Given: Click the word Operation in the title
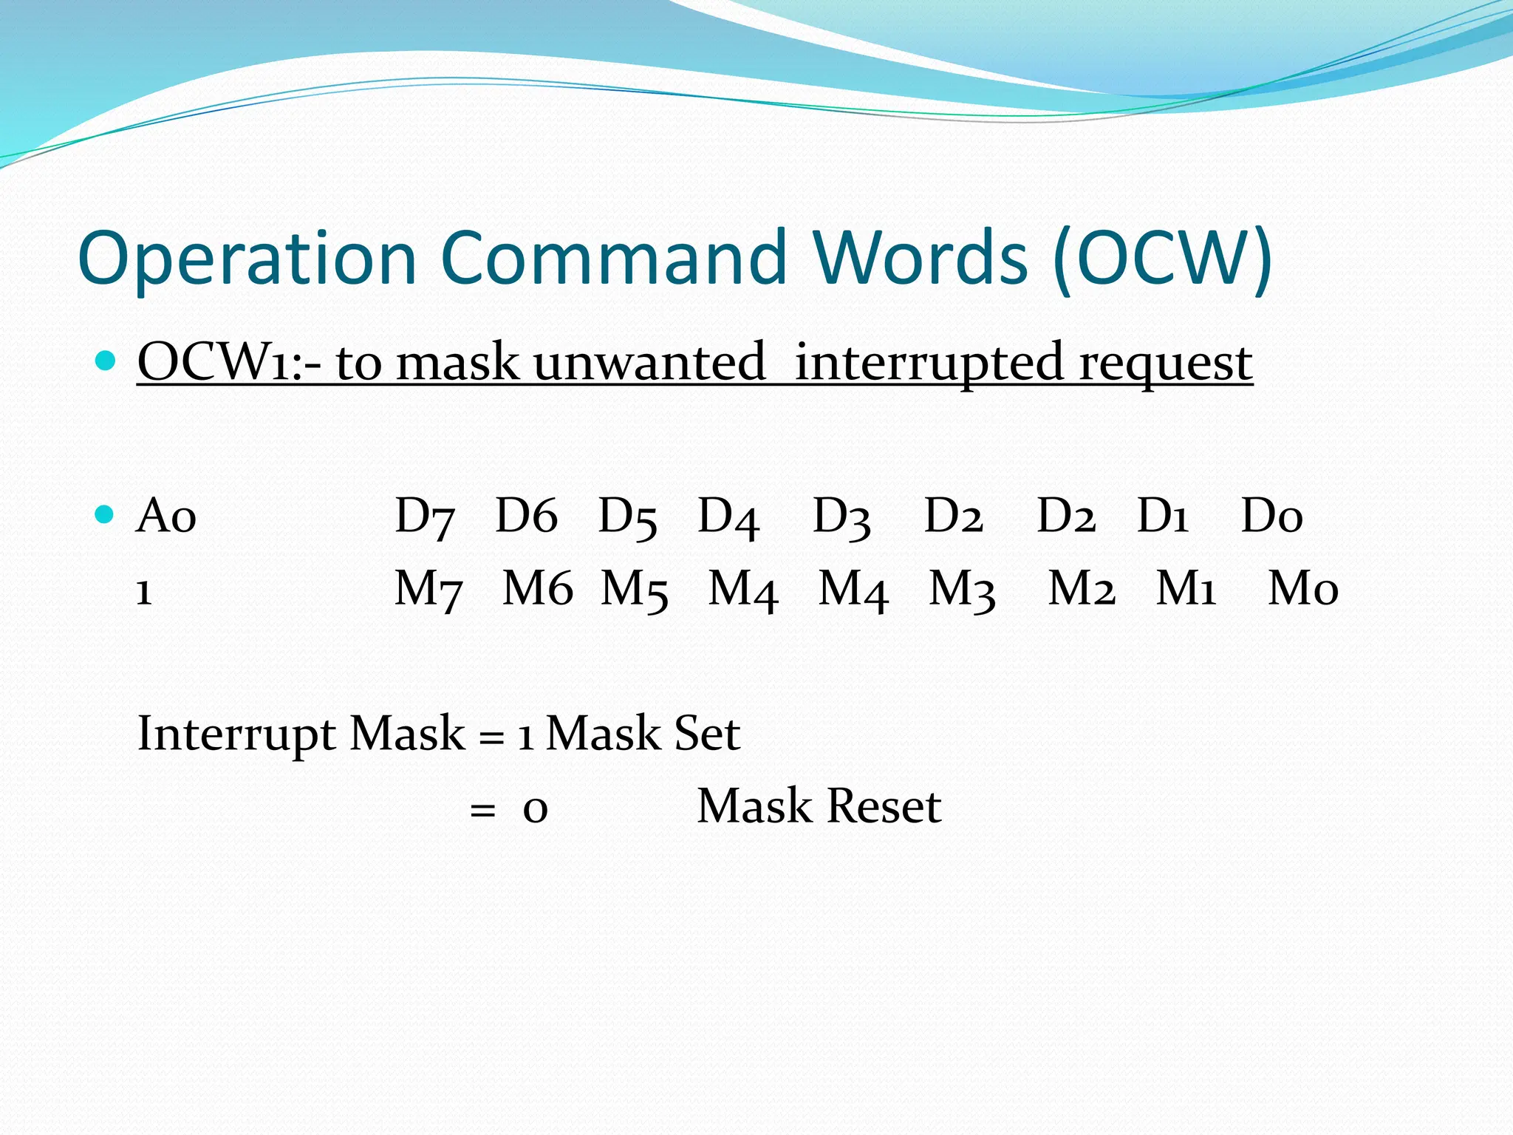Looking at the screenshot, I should point(247,259).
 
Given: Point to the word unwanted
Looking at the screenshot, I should point(649,362).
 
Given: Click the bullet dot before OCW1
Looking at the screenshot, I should point(106,361).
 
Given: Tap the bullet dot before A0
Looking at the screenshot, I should point(106,514).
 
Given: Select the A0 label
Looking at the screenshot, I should point(166,515).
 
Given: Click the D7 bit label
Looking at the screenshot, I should point(424,517).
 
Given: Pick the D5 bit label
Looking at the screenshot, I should point(627,517).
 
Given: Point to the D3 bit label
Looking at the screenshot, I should point(841,517).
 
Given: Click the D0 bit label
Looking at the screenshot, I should point(1271,515).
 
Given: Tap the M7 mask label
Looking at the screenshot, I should point(428,590).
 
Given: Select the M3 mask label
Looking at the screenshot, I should point(961,590).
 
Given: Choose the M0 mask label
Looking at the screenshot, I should point(1302,589).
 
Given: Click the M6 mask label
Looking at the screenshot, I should point(537,589).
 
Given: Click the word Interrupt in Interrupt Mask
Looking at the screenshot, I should point(236,734).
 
